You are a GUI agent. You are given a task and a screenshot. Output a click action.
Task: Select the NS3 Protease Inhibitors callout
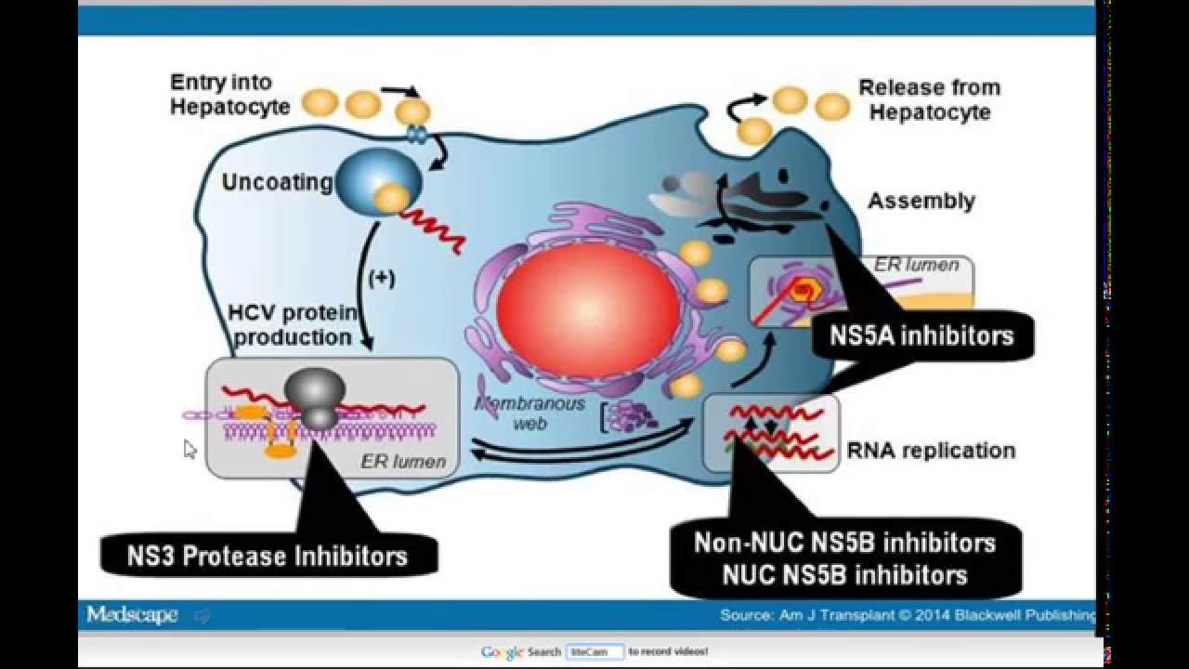pos(268,556)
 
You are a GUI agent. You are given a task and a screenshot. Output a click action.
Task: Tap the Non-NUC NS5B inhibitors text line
pos(844,543)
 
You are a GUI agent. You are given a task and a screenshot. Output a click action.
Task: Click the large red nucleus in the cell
pos(588,308)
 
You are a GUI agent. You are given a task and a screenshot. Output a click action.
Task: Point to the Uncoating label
pos(276,182)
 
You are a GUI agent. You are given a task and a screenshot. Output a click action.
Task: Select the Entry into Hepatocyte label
pos(229,94)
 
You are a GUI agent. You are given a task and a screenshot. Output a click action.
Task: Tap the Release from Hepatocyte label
pos(929,99)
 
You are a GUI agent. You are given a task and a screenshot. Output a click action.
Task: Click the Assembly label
pos(921,201)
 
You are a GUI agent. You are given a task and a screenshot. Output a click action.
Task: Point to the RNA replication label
pos(931,451)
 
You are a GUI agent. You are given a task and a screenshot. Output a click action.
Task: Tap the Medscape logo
pos(132,614)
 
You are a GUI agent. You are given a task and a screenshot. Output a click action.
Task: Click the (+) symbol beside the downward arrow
pos(381,278)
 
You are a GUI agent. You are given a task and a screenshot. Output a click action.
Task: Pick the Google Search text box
pos(594,652)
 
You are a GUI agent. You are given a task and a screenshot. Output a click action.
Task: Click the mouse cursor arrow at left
pos(189,450)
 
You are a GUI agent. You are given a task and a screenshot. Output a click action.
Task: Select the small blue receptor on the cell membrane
pos(417,135)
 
